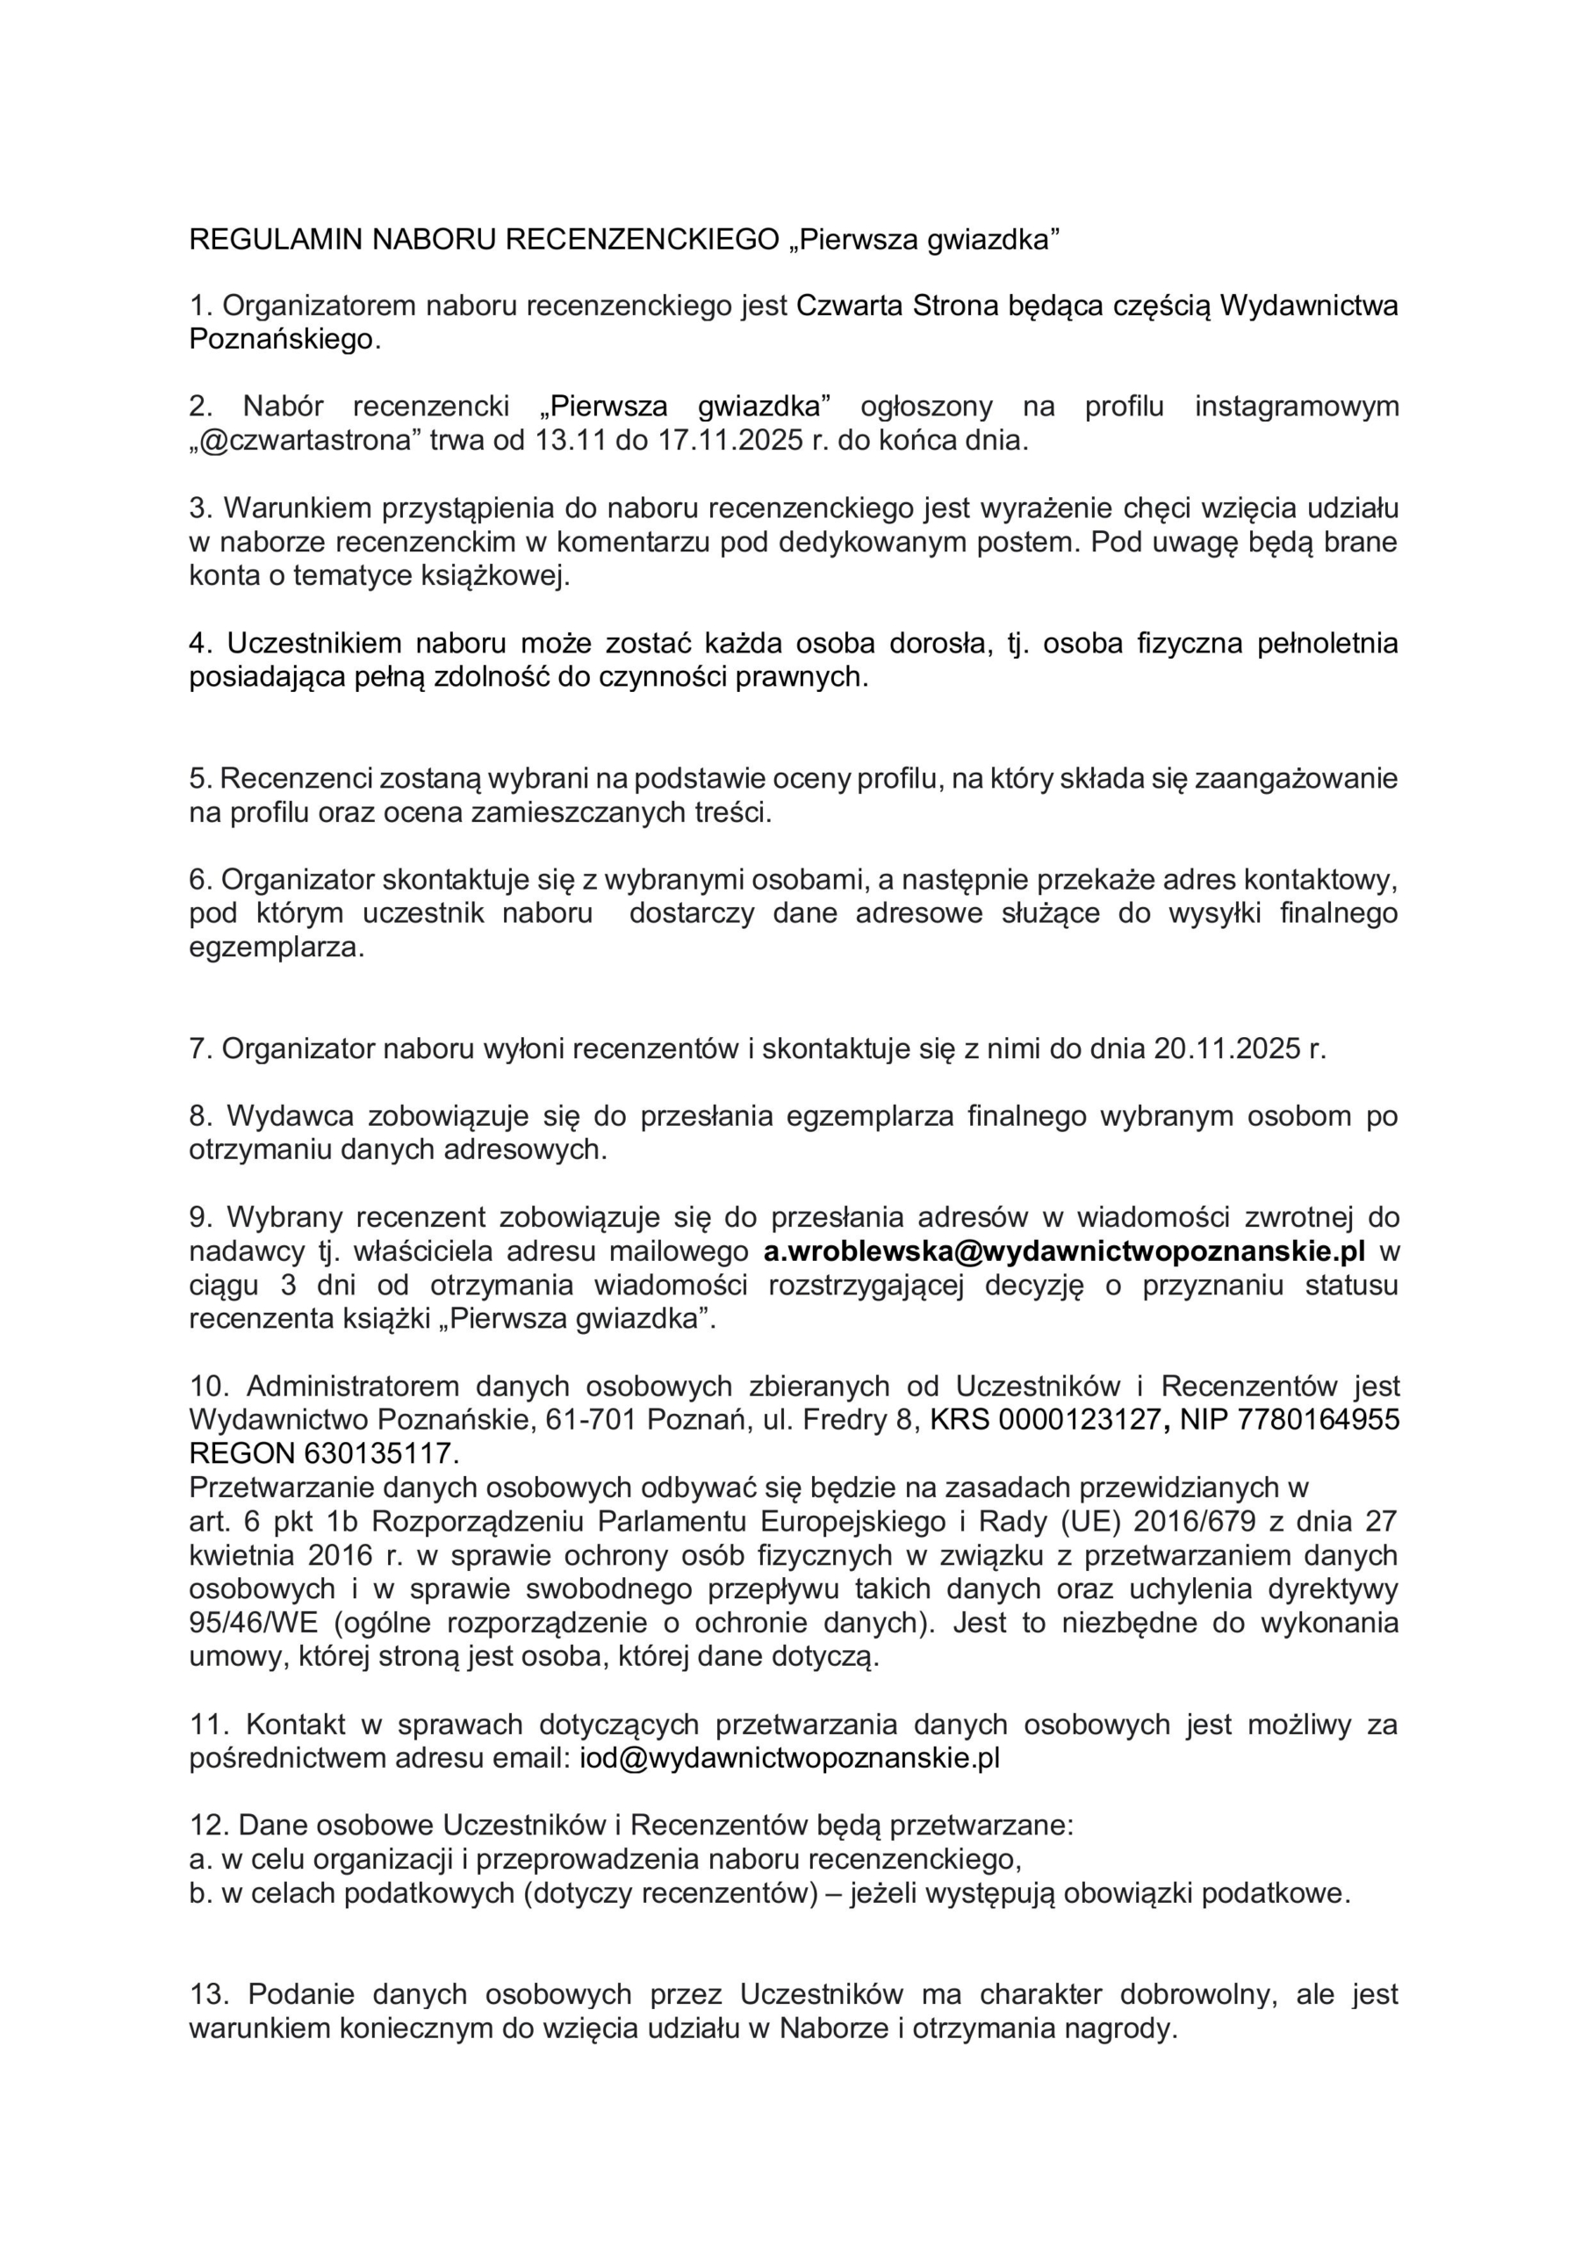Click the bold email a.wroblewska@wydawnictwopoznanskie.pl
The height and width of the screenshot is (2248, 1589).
1063,1250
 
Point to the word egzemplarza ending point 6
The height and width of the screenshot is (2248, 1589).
276,947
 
